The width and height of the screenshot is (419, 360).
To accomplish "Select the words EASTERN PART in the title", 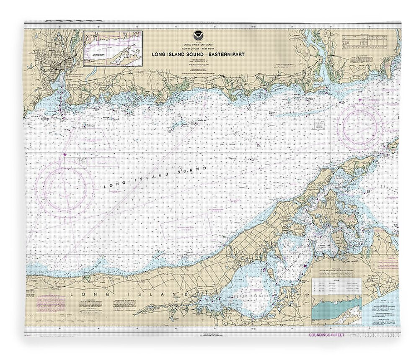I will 231,54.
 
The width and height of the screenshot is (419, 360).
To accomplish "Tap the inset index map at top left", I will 112,48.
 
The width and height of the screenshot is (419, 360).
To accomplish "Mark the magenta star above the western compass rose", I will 64,154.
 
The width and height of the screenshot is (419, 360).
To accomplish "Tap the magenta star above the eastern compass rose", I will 360,100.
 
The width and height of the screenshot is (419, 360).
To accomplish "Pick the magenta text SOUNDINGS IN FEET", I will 326,335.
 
